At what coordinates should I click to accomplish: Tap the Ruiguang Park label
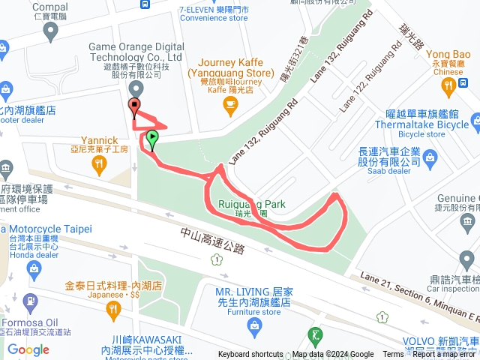(x=249, y=204)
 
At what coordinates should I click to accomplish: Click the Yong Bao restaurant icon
(x=449, y=87)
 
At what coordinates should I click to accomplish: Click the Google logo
(x=28, y=349)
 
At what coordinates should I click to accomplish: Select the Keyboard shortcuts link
(x=251, y=355)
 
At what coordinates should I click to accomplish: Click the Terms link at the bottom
(x=392, y=355)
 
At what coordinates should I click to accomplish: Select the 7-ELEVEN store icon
(x=142, y=3)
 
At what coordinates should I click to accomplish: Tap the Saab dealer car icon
(x=430, y=157)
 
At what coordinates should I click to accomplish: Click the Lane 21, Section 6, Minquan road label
(x=420, y=297)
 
